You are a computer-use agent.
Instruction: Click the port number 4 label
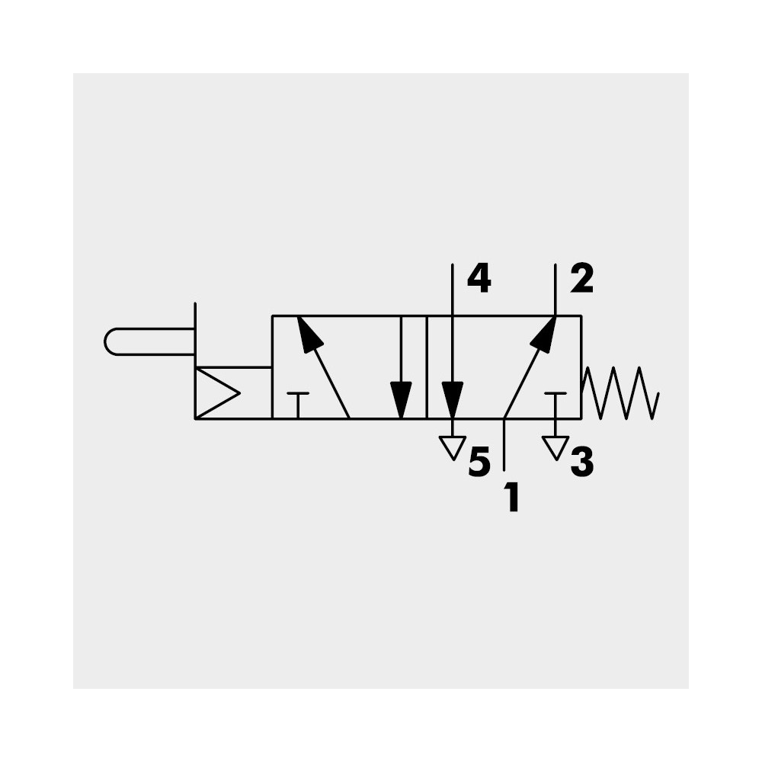pyautogui.click(x=479, y=280)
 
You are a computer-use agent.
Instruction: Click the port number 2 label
pyautogui.click(x=581, y=280)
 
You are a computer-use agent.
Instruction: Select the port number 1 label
pyautogui.click(x=512, y=497)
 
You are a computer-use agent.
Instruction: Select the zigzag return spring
pyautogui.click(x=620, y=392)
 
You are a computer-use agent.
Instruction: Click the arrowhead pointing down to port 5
pyautogui.click(x=453, y=399)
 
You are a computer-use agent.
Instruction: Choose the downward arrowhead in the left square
pyautogui.click(x=401, y=399)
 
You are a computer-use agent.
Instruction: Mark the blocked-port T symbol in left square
pyautogui.click(x=298, y=405)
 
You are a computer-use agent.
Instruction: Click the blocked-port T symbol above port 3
pyautogui.click(x=555, y=405)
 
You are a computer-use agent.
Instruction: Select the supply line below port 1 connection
pyautogui.click(x=504, y=444)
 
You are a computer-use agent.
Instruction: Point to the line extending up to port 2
pyautogui.click(x=555, y=290)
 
